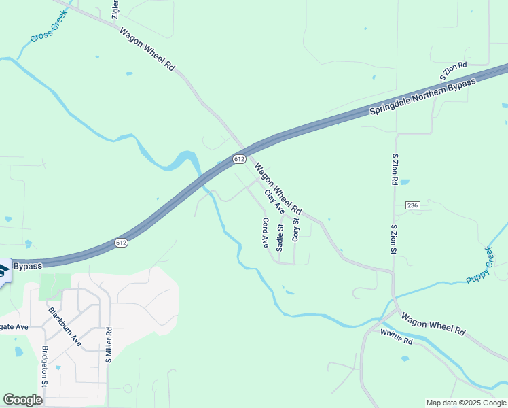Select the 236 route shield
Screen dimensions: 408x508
pyautogui.click(x=412, y=205)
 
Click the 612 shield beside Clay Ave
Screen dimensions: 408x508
pyautogui.click(x=238, y=158)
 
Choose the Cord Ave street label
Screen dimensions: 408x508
pyautogui.click(x=266, y=233)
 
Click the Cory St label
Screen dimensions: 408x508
pyautogui.click(x=295, y=230)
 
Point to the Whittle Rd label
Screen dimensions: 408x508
pyautogui.click(x=397, y=337)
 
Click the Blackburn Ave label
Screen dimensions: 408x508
pyautogui.click(x=65, y=327)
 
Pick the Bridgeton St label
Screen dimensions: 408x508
pyautogui.click(x=45, y=367)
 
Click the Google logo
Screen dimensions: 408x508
pyautogui.click(x=22, y=400)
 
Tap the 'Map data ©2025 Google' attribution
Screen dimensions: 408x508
pyautogui.click(x=466, y=403)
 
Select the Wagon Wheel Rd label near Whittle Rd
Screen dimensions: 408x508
pyautogui.click(x=433, y=323)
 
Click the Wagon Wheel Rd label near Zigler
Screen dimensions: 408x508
pyautogui.click(x=147, y=50)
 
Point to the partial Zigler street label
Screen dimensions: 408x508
pyautogui.click(x=115, y=10)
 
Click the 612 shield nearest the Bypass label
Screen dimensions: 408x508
pyautogui.click(x=121, y=242)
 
